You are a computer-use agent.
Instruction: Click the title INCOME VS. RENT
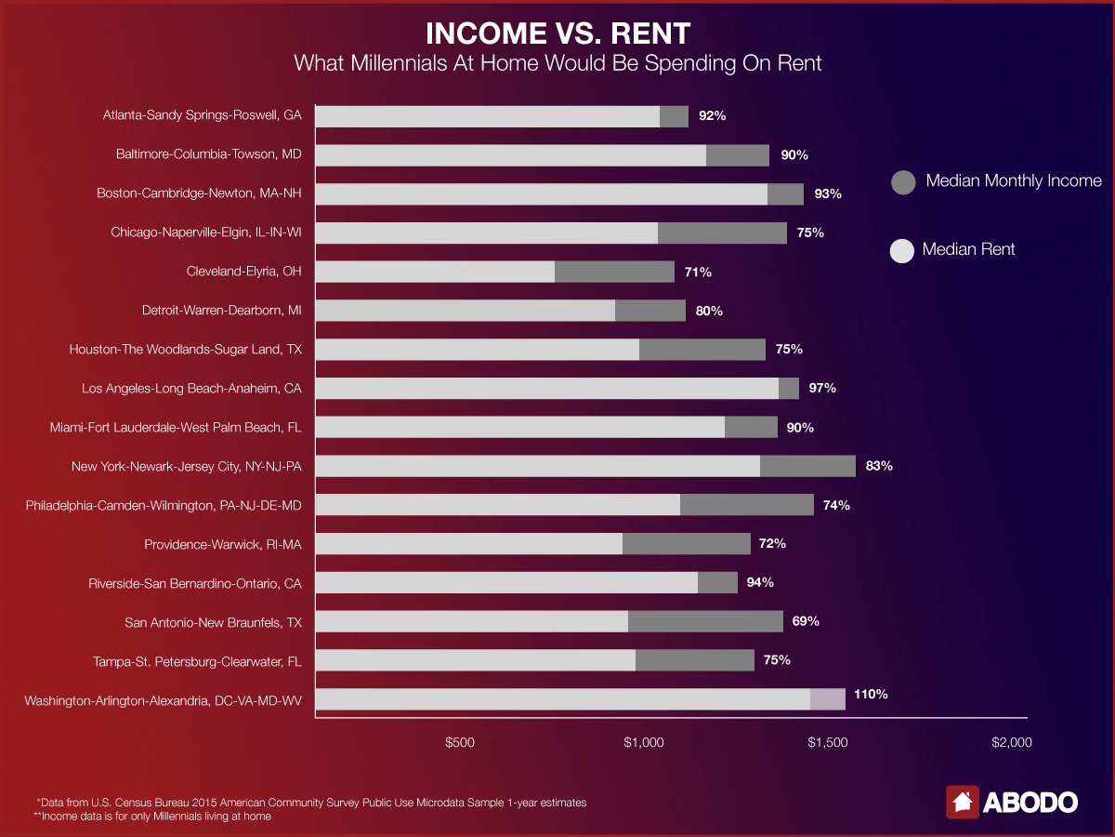[557, 33]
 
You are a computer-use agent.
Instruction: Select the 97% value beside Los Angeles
[822, 388]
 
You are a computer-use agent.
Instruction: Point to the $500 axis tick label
[460, 743]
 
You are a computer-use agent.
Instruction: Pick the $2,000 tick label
[1011, 743]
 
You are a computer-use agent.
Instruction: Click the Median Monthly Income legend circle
[903, 182]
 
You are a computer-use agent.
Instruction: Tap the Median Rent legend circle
[903, 250]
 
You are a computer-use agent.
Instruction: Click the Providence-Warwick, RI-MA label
[229, 544]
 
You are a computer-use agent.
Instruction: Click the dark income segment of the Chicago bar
[722, 232]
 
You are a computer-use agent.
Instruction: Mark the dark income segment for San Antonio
[705, 621]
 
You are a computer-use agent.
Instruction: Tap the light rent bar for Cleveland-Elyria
[435, 272]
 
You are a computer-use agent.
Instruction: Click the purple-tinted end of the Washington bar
[827, 699]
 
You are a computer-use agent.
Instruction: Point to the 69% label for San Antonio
[805, 620]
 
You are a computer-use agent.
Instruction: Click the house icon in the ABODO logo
[963, 802]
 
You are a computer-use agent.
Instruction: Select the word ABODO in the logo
[1030, 802]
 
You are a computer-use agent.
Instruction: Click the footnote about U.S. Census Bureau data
[311, 802]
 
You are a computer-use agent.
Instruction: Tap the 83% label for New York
[878, 466]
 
